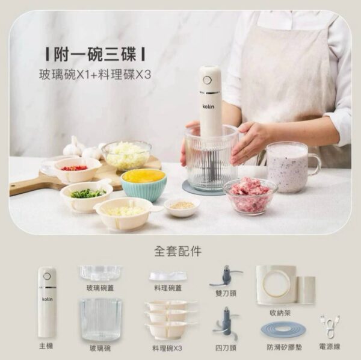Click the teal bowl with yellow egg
click(144, 184)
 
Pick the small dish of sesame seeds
click(182, 207)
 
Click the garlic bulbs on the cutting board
click(75, 147)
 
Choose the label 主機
click(46, 347)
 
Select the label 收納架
click(280, 313)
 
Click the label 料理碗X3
click(167, 348)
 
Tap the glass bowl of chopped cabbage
click(126, 155)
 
